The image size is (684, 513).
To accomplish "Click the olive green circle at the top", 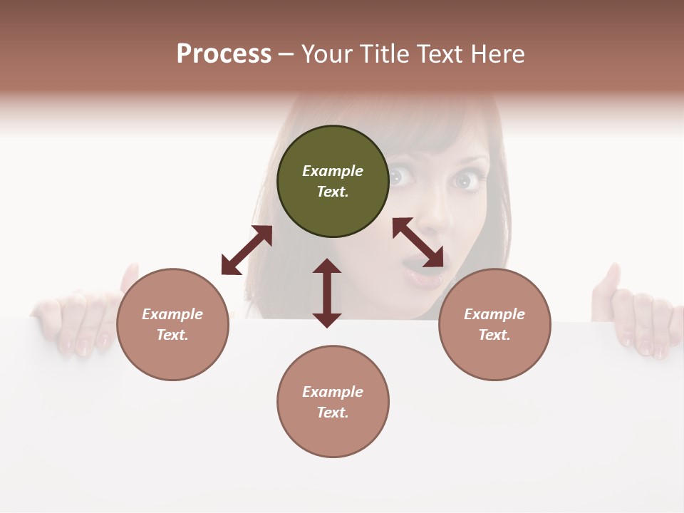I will tap(333, 182).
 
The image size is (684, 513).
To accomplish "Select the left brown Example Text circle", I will tap(172, 324).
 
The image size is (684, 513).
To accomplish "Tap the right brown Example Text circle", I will tap(494, 324).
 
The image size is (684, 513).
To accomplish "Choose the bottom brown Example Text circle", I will tap(333, 402).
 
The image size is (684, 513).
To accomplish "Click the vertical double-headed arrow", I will tap(327, 293).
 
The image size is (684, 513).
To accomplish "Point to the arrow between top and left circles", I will tap(247, 250).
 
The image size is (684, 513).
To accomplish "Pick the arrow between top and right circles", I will tap(418, 242).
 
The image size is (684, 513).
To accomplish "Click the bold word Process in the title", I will tap(224, 53).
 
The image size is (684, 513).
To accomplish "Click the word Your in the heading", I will tap(328, 53).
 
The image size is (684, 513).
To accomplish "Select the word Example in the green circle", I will tap(333, 171).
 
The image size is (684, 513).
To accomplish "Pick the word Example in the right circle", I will tap(494, 314).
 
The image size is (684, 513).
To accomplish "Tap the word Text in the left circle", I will tap(172, 335).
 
